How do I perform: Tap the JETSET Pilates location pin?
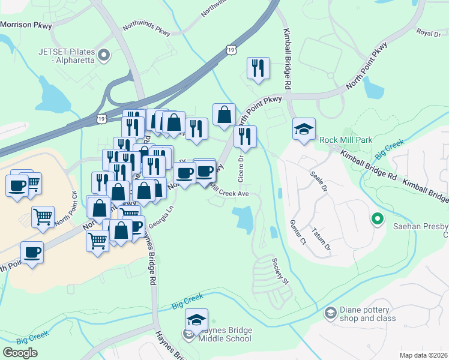point(104,56)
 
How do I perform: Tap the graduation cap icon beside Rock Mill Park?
point(304,129)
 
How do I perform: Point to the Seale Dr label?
point(319,181)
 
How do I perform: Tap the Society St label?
point(280,272)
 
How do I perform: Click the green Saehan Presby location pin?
point(377,220)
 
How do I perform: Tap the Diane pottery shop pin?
point(330,313)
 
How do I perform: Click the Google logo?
point(20,353)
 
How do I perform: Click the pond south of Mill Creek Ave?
point(244,220)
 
